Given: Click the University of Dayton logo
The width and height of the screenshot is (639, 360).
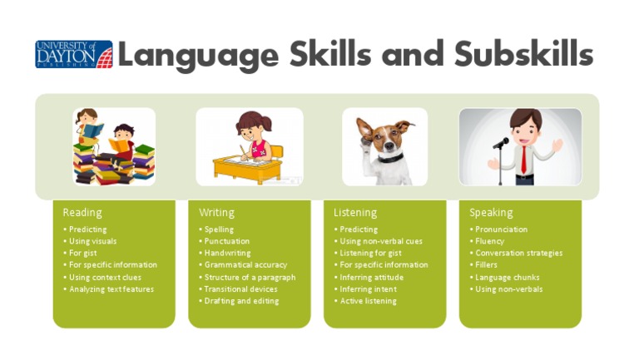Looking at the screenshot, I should pyautogui.click(x=73, y=54).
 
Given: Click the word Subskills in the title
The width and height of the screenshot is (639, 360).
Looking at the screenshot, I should pyautogui.click(x=523, y=54).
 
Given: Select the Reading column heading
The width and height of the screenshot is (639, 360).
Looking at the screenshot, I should pyautogui.click(x=82, y=213).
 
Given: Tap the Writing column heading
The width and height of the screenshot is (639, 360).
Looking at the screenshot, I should pyautogui.click(x=216, y=213).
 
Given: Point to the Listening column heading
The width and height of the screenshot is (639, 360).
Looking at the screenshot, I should pyautogui.click(x=355, y=213).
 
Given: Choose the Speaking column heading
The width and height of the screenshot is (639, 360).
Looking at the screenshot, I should pyautogui.click(x=491, y=213).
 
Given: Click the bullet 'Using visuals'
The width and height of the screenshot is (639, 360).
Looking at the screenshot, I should pyautogui.click(x=92, y=241).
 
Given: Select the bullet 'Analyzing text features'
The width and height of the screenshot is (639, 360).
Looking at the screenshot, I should pyautogui.click(x=111, y=289).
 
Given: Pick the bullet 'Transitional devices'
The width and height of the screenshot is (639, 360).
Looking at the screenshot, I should pyautogui.click(x=240, y=289).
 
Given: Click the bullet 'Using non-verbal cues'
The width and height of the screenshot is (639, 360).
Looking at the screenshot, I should pyautogui.click(x=381, y=241).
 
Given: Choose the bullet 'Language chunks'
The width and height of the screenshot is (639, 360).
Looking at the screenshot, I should pyautogui.click(x=507, y=278).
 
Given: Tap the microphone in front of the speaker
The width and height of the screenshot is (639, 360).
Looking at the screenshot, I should pyautogui.click(x=501, y=143).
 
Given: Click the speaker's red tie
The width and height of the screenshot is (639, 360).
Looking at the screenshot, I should pyautogui.click(x=523, y=158).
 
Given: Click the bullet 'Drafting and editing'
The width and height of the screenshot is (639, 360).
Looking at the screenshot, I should pyautogui.click(x=241, y=301).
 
